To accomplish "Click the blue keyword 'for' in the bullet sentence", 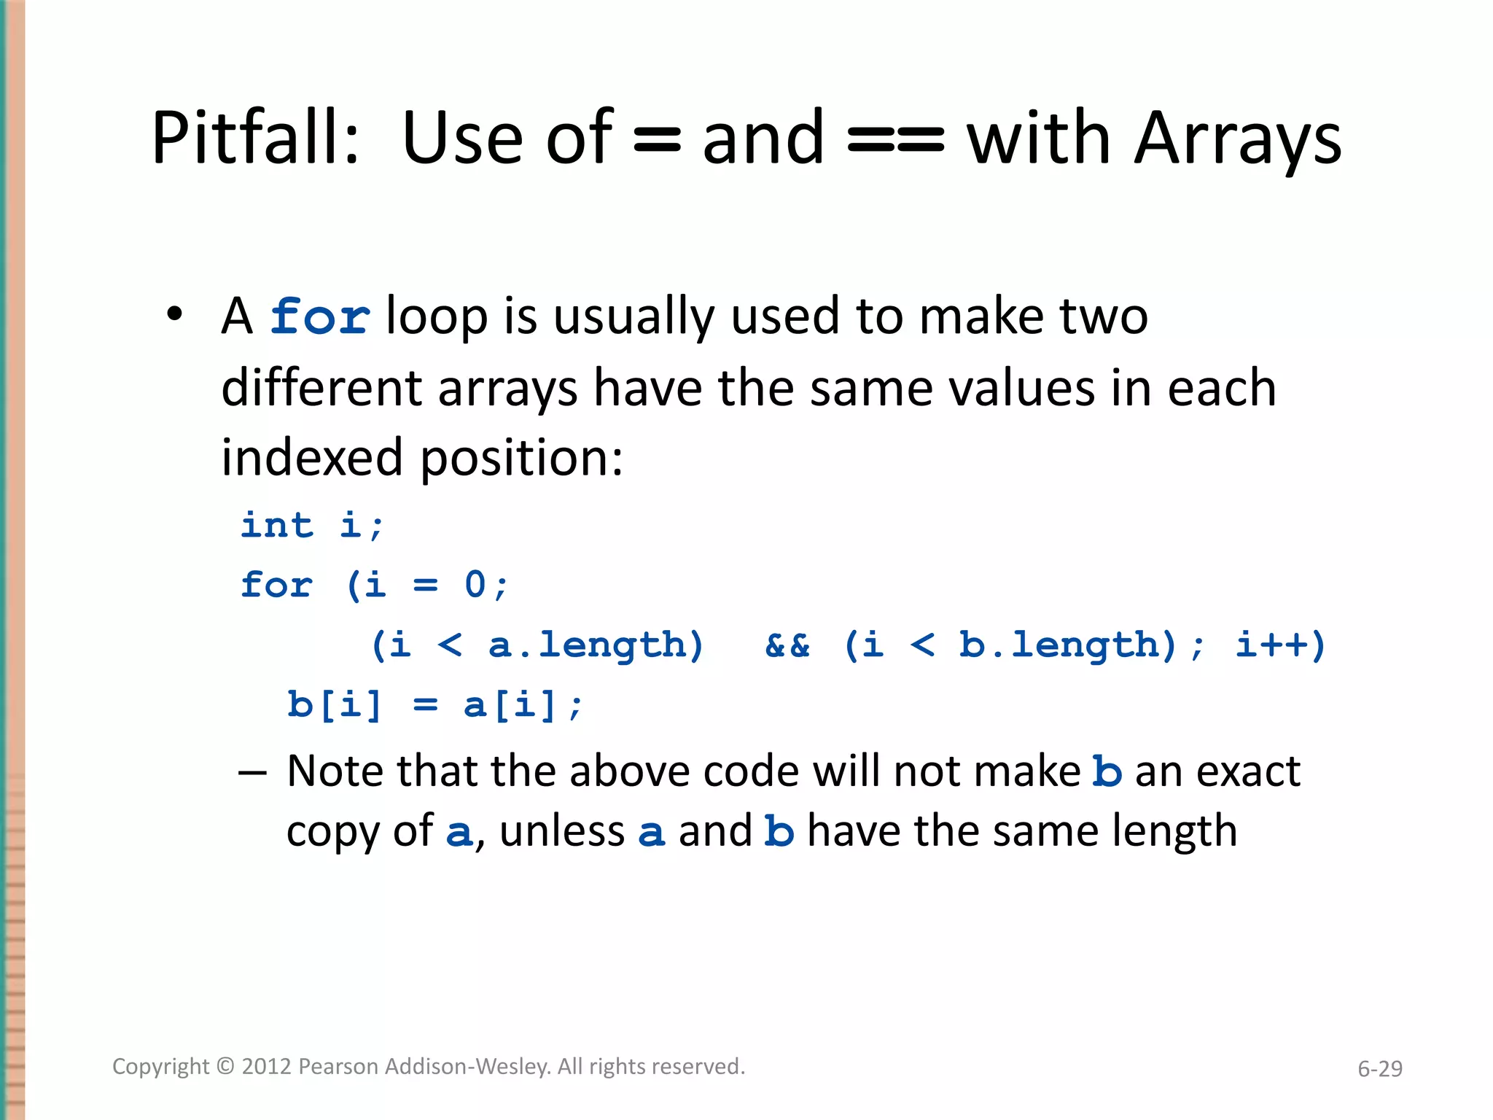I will [319, 317].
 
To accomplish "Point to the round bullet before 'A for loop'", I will [174, 315].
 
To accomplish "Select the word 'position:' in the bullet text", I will [522, 458].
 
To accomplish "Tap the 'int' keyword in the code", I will [277, 525].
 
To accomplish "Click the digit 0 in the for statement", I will [475, 585].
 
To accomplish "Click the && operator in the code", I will [787, 645].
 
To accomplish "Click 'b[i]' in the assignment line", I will [335, 704].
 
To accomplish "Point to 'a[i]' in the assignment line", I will [510, 704].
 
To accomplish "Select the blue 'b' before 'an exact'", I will [1107, 771].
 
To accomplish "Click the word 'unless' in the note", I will [562, 831].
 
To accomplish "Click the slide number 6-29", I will [1379, 1069].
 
